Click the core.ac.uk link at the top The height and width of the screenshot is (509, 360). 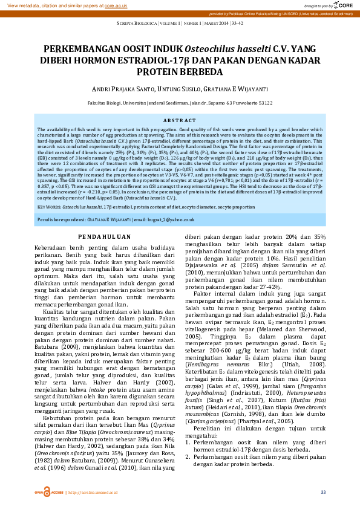coord(116,4)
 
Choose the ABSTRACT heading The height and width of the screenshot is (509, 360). coord(180,121)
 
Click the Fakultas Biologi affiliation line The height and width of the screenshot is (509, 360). coord(180,103)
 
